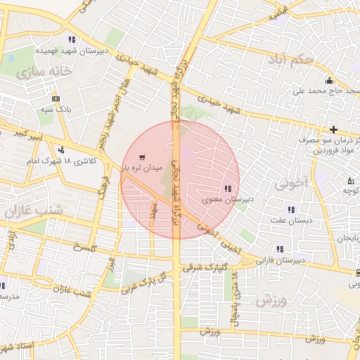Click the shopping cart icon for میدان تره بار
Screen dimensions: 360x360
pos(143,157)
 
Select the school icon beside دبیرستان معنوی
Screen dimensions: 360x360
pos(226,188)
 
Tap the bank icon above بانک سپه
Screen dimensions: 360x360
pos(56,98)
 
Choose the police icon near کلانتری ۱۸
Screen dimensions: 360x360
pos(62,149)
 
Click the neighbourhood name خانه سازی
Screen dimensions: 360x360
pos(46,72)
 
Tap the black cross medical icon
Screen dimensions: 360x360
pos(333,129)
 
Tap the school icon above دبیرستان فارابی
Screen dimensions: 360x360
pos(280,249)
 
